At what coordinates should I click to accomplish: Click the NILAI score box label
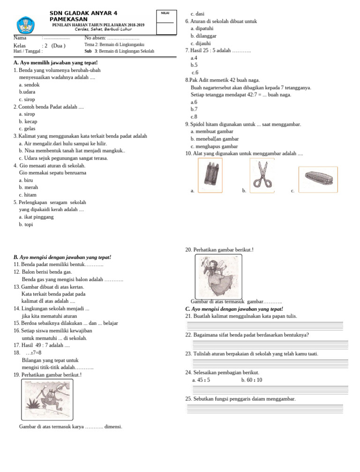click(165, 13)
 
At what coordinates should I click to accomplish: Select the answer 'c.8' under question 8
click(194, 116)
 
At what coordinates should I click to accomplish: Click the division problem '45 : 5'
click(201, 380)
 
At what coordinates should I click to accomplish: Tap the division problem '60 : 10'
click(252, 380)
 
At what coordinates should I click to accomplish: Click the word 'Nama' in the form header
click(20, 38)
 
